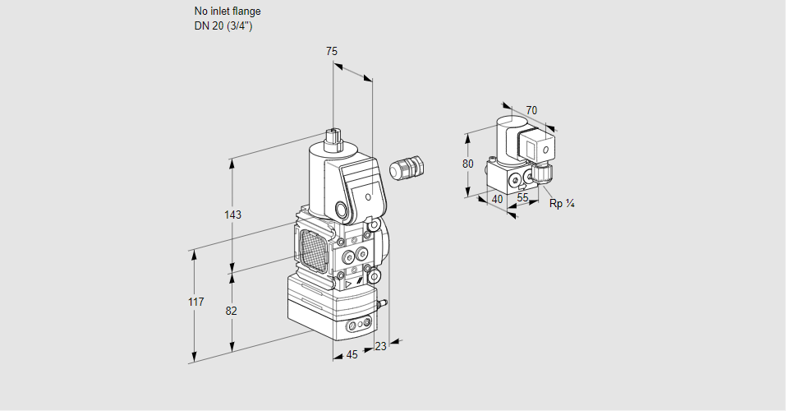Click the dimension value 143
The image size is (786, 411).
click(x=232, y=215)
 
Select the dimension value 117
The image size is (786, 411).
click(x=195, y=302)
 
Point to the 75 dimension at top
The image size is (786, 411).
click(x=331, y=52)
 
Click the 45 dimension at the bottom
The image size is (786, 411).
click(x=352, y=355)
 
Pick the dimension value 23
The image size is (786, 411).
click(x=380, y=347)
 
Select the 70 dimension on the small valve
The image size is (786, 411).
click(x=531, y=110)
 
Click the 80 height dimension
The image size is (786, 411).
click(x=468, y=164)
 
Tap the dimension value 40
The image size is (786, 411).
click(x=497, y=198)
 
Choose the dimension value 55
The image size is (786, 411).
click(x=522, y=198)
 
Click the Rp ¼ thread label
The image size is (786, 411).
click(x=561, y=203)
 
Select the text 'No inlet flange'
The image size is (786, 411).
click(x=228, y=12)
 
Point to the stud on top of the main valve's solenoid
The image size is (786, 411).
click(x=333, y=136)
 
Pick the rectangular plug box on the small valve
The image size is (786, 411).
click(x=542, y=150)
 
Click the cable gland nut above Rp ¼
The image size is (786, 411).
click(x=543, y=173)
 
